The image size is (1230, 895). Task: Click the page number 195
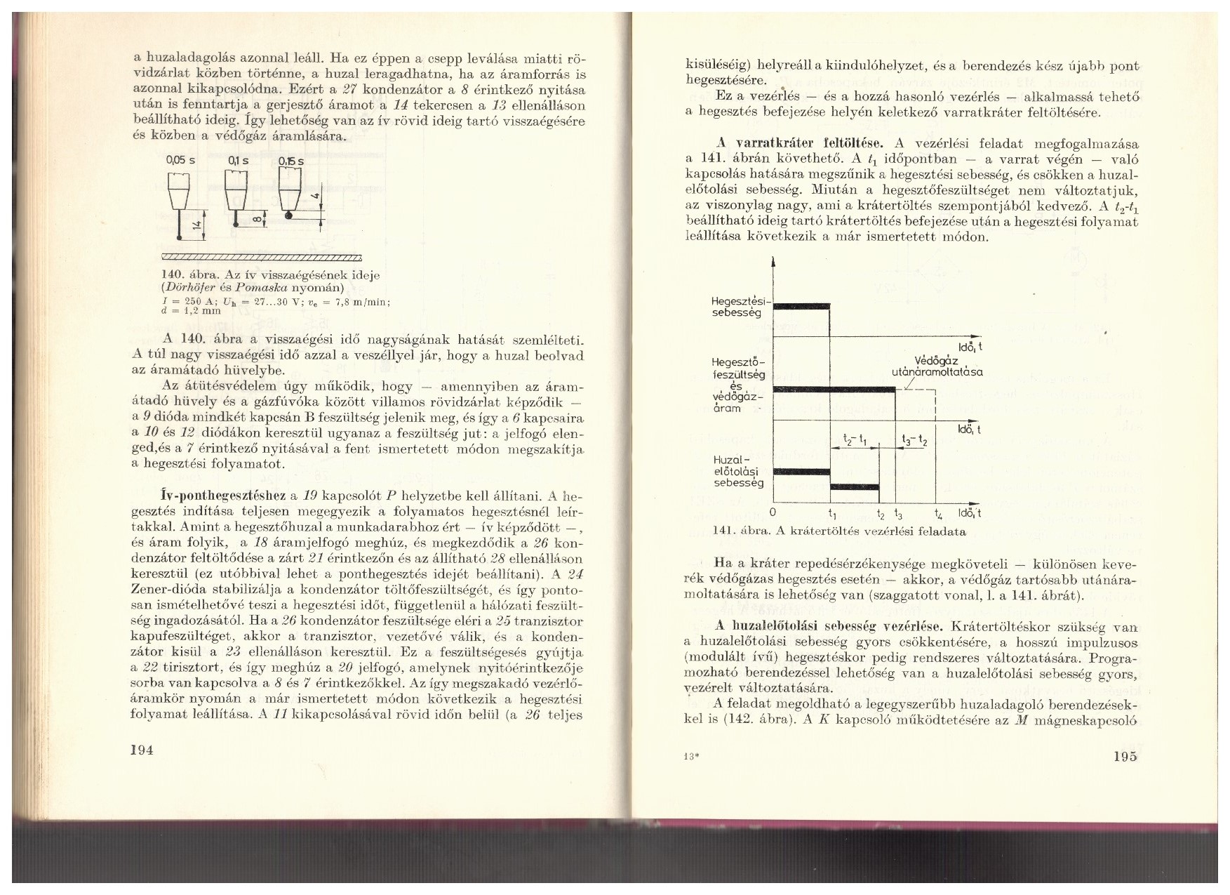point(1126,757)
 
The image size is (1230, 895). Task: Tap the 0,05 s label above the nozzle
point(180,161)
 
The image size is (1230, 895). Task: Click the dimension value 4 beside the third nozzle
point(316,197)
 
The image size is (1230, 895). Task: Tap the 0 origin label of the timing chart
point(773,513)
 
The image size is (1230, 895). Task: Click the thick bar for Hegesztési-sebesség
point(801,305)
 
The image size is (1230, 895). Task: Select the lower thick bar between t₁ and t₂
point(855,486)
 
